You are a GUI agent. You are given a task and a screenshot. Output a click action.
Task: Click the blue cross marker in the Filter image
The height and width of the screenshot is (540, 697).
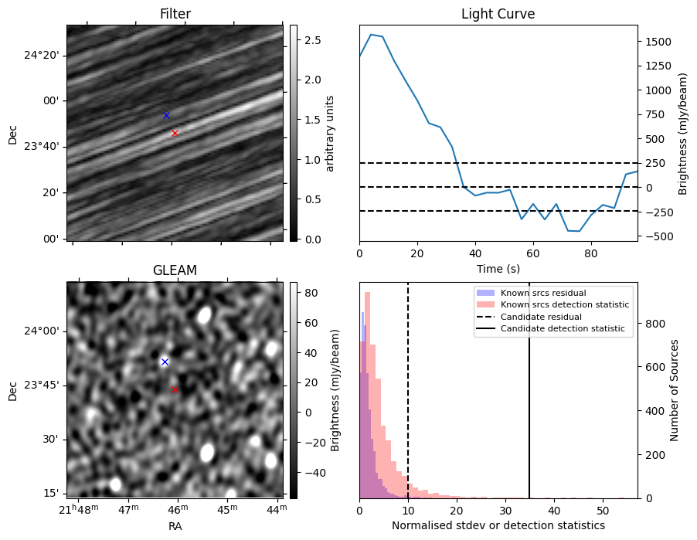click(166, 116)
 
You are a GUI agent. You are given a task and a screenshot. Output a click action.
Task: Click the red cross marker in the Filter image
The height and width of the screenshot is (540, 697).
click(175, 134)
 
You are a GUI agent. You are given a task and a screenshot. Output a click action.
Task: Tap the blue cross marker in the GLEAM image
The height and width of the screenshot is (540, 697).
click(165, 362)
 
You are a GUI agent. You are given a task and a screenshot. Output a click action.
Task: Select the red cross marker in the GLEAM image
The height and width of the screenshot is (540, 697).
click(175, 390)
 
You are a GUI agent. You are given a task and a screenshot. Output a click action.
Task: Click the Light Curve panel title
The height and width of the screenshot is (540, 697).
click(498, 14)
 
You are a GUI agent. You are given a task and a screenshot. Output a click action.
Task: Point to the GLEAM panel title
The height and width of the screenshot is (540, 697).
click(175, 270)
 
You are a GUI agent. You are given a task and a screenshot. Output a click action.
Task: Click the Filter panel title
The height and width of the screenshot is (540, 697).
click(175, 14)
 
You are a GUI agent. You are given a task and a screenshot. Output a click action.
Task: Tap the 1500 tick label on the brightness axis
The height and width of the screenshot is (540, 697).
click(659, 42)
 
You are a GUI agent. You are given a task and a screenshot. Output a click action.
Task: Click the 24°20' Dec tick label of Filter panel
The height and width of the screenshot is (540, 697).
click(41, 56)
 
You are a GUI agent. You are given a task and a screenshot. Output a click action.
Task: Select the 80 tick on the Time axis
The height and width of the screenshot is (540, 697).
click(591, 254)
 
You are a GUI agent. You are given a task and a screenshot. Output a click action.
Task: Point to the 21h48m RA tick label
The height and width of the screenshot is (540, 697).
click(79, 509)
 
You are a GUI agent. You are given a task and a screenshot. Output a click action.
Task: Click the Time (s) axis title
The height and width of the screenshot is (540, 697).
click(498, 269)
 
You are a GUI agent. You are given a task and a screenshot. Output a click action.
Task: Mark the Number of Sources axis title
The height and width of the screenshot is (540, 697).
click(674, 390)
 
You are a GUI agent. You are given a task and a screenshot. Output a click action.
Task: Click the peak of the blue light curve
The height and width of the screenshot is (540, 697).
click(371, 34)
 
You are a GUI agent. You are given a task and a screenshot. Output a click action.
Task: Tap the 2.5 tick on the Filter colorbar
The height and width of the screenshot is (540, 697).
click(313, 40)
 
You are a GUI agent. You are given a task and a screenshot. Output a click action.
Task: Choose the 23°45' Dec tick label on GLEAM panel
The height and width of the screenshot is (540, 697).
click(41, 385)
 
